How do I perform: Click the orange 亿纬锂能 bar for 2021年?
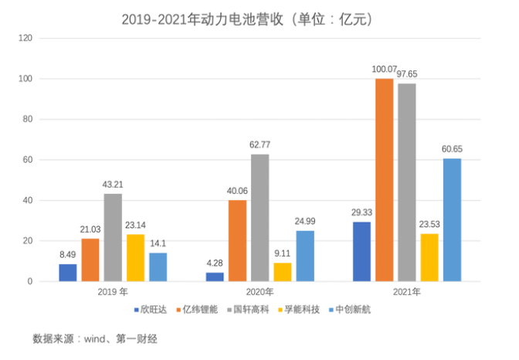(384, 180)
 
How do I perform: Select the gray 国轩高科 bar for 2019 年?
(113, 237)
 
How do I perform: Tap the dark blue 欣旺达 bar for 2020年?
(215, 277)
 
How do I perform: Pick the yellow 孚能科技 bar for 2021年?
(429, 257)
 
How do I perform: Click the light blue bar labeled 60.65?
(452, 220)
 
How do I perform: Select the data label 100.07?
(384, 70)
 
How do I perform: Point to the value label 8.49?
(68, 254)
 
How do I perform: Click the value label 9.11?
(283, 253)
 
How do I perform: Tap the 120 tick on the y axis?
(26, 38)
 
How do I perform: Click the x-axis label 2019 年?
(113, 292)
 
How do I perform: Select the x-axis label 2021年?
(406, 292)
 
